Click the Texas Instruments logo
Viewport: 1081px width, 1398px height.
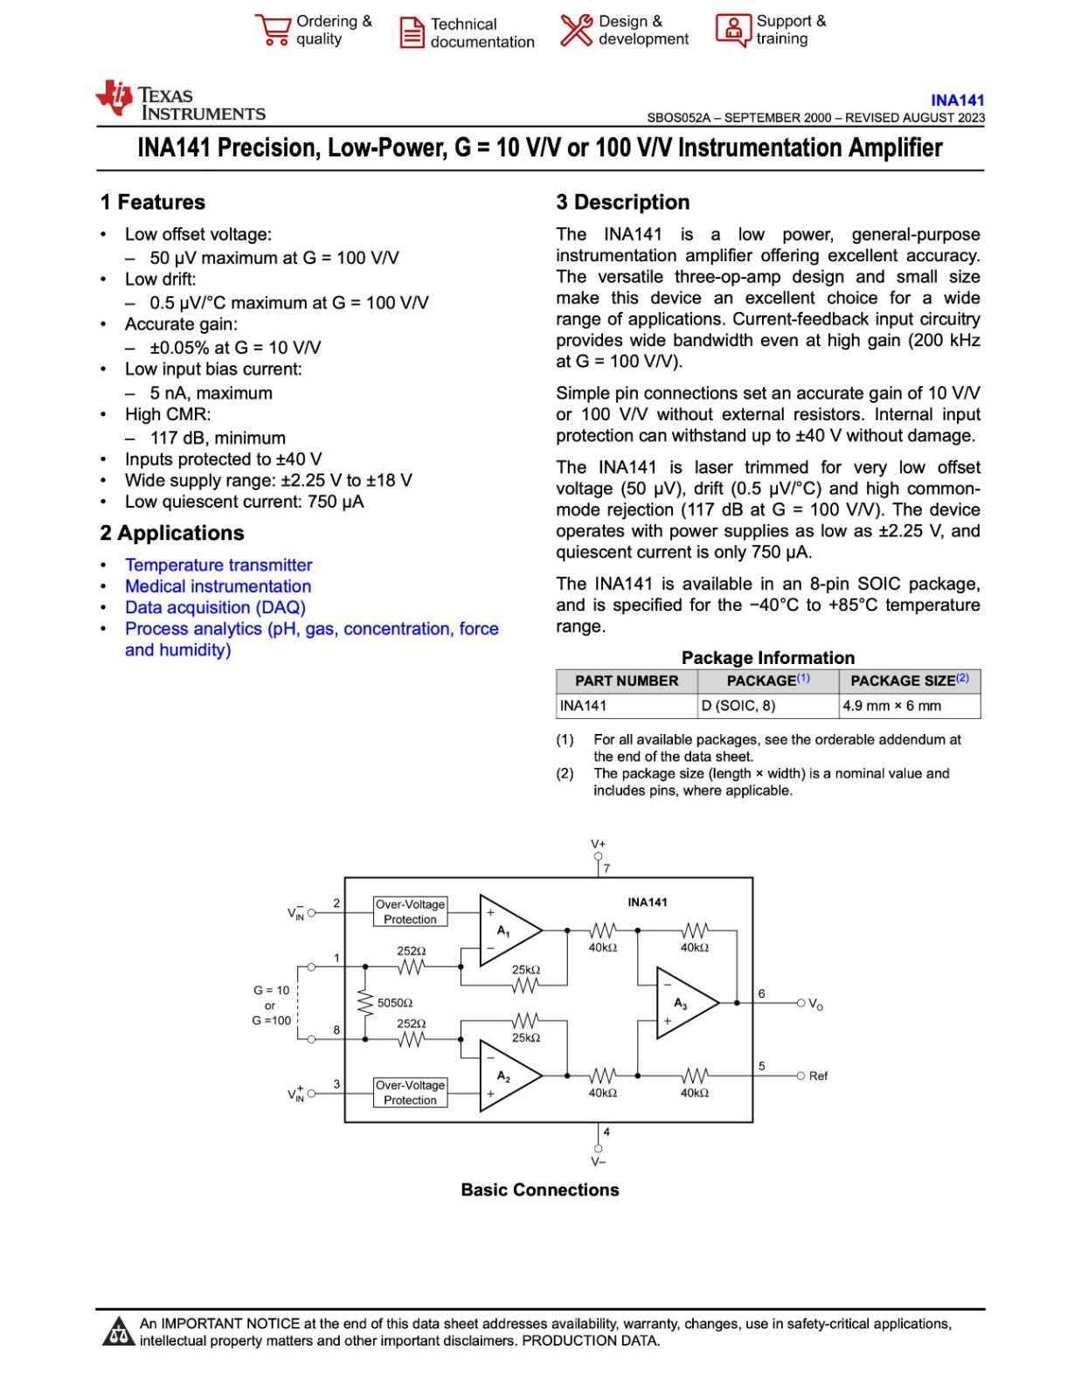179,100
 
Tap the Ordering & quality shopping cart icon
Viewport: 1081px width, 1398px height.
273,30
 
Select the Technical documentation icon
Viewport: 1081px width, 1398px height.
412,32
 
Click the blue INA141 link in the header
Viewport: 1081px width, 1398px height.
957,100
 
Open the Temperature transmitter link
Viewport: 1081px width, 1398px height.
218,565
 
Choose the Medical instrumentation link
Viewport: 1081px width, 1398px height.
218,586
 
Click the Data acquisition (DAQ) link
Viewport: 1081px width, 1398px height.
215,607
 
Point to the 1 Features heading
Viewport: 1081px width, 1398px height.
153,203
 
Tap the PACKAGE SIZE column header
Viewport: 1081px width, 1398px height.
909,681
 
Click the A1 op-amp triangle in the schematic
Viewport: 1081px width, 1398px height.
507,931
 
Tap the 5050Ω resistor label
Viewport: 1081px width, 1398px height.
395,1003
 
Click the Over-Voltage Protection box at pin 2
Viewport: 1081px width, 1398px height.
410,911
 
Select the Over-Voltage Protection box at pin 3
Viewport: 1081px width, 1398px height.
410,1092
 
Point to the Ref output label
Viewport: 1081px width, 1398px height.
818,1076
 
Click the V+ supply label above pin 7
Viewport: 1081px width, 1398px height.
598,844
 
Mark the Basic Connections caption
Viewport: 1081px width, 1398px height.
540,1190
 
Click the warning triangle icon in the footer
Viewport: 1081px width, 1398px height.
115,1332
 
